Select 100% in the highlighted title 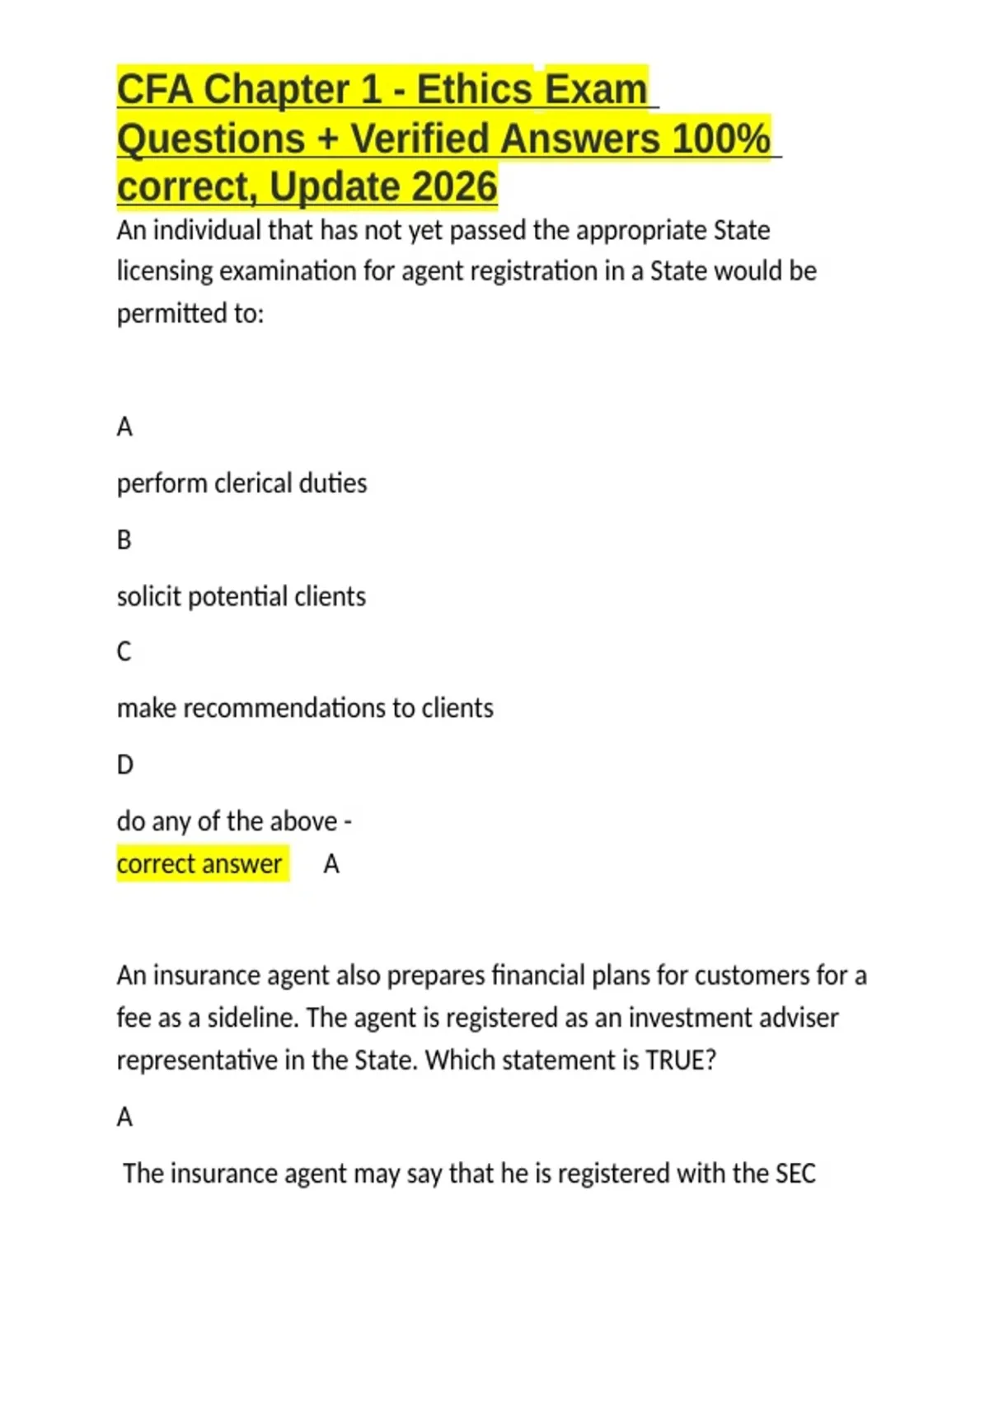point(720,138)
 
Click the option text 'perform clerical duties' point(241,483)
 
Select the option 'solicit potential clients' point(241,596)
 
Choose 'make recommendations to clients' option point(305,708)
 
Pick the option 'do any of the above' point(227,821)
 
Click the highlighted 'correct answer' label point(199,863)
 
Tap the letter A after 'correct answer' point(331,863)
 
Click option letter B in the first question point(124,540)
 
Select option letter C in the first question point(124,652)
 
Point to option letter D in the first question point(124,765)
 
